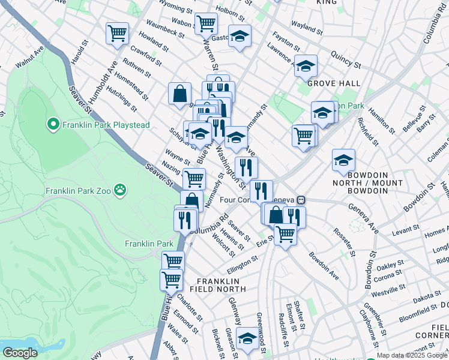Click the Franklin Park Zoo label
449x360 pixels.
coord(78,191)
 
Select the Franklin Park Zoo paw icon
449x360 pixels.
coord(121,190)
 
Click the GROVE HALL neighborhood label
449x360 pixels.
coord(334,83)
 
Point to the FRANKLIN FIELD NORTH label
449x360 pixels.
coord(222,285)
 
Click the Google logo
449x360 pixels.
coord(19,353)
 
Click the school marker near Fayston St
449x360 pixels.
coord(240,37)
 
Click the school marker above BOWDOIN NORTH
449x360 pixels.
coord(343,160)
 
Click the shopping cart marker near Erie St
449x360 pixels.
coord(285,233)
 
